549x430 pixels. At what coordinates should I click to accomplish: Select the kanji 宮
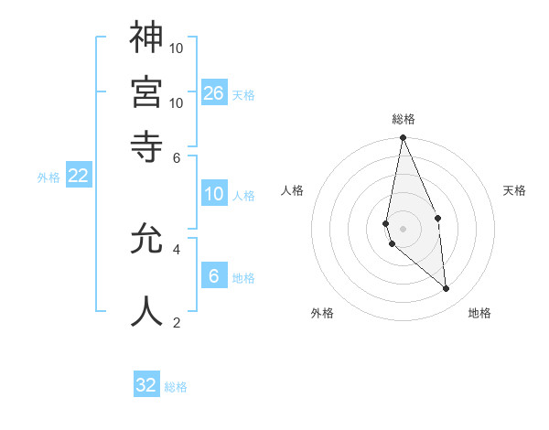pos(146,91)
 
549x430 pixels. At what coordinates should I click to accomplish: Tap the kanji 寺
pos(146,145)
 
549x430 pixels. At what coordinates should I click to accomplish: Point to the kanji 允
pos(146,239)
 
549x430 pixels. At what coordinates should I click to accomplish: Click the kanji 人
pos(146,311)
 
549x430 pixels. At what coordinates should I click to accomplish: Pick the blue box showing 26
pos(214,92)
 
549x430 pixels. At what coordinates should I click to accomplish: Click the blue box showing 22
pos(78,176)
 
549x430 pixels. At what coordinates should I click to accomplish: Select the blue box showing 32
pos(146,385)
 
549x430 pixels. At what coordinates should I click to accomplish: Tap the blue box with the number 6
pos(214,276)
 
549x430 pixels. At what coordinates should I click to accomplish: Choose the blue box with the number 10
pos(214,194)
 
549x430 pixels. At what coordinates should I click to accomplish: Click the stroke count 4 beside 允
pos(177,249)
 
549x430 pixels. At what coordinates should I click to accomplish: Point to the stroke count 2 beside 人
pos(177,322)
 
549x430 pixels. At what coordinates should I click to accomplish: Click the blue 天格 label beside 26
pos(243,95)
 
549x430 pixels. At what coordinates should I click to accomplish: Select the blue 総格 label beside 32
pos(176,388)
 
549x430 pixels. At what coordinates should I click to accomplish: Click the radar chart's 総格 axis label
pos(404,119)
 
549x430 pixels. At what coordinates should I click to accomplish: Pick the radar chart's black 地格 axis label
pos(479,313)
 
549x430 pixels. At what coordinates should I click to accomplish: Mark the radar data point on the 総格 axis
pos(403,138)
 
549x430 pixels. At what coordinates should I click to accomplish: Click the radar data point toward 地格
pos(446,289)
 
